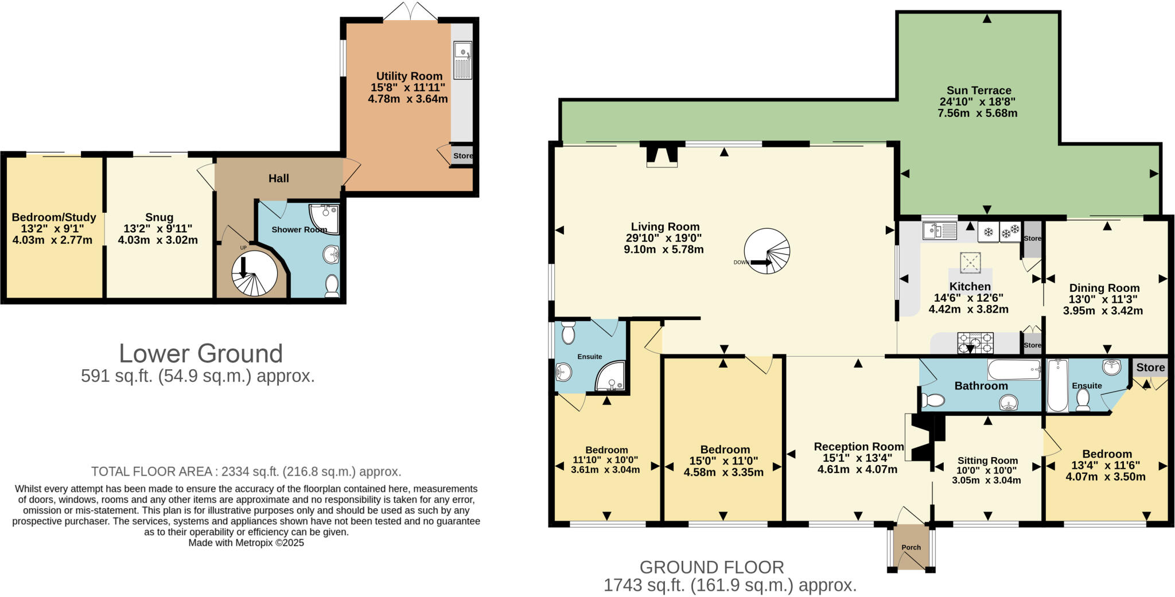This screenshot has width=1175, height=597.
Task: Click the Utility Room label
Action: click(x=409, y=76)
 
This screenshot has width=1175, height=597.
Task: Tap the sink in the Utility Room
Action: click(x=462, y=60)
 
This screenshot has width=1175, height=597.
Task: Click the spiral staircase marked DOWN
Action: click(x=767, y=251)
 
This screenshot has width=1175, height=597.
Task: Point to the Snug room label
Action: click(x=159, y=217)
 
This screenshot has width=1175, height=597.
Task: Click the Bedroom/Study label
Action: click(x=54, y=217)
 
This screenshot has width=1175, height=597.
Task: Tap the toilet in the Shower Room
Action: click(x=332, y=285)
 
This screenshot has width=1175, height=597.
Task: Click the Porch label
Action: click(x=911, y=547)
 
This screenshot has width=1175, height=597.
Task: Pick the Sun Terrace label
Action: click(x=979, y=91)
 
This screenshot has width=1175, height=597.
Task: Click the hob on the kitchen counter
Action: click(x=975, y=343)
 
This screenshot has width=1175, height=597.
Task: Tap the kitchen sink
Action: click(x=939, y=231)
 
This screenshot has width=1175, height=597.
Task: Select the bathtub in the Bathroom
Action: click(x=1014, y=369)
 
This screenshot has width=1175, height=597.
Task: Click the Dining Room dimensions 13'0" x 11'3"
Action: click(x=1103, y=299)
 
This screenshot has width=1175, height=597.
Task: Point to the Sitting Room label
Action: click(x=987, y=461)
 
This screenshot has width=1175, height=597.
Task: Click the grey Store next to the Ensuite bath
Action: click(x=1150, y=368)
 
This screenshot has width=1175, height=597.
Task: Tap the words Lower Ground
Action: click(x=200, y=353)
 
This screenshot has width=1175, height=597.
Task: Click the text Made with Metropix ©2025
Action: click(x=246, y=543)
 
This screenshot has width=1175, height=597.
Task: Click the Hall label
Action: click(x=279, y=178)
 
